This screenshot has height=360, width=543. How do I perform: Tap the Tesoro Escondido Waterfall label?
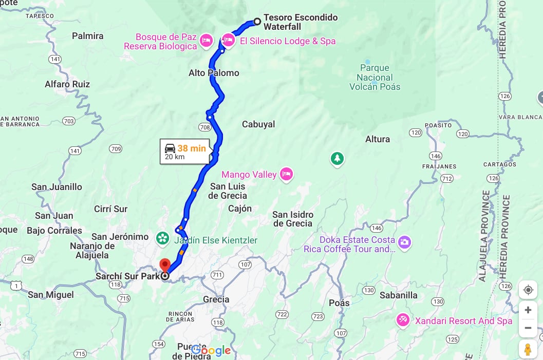coord(301,22)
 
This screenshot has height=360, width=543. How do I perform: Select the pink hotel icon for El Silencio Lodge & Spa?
coord(228,40)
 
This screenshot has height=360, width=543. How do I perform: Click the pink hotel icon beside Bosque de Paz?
coord(206,41)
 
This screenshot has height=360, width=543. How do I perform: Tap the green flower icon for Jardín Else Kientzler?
coord(162,237)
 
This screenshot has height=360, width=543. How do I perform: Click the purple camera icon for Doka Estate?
coord(404,242)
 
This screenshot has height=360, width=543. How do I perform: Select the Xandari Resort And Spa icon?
coord(403,320)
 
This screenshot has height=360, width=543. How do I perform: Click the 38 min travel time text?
coord(192,148)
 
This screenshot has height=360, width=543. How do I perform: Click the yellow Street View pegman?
coord(527,349)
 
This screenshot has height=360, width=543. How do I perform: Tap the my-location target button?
coord(528,290)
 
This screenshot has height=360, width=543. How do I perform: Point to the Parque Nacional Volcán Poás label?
coord(375,77)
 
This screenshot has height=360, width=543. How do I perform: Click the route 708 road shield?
coord(204,127)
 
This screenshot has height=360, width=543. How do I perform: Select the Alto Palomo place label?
coord(214,73)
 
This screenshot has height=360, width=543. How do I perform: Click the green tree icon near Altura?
coord(337,159)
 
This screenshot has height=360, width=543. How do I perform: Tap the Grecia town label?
coord(216,299)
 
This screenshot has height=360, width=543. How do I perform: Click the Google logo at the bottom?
coord(211,350)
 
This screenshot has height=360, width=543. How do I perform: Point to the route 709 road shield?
coord(116,149)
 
